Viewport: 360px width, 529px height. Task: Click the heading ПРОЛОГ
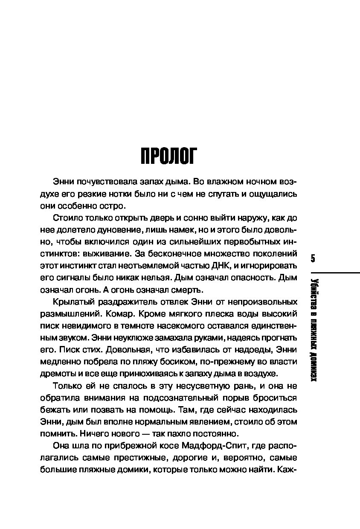tap(169, 156)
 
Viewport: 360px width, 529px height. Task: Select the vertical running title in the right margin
tap(314, 328)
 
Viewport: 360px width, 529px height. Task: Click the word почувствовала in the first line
tap(102, 181)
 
